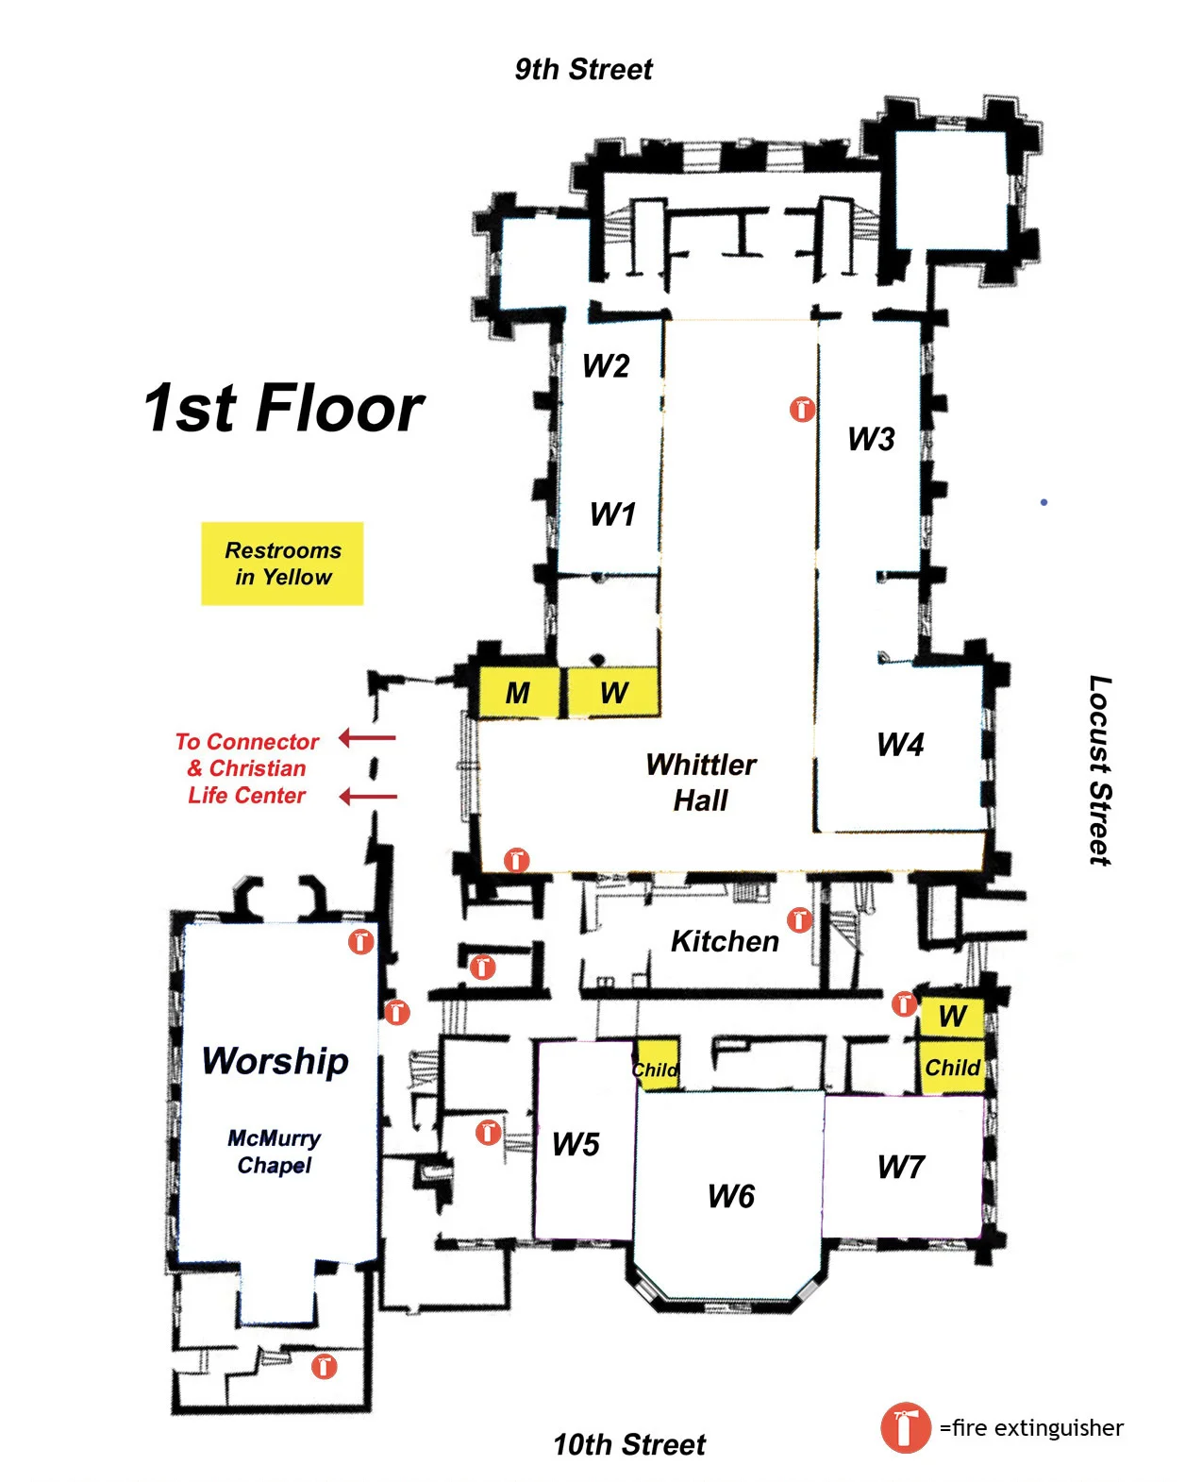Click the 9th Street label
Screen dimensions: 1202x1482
582,69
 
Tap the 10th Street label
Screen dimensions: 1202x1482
628,1444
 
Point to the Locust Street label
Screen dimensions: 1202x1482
1099,770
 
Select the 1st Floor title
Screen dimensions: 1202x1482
283,408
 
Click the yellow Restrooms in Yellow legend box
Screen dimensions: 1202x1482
282,564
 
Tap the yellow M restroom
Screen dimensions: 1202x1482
519,692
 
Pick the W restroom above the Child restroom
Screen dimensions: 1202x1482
951,1017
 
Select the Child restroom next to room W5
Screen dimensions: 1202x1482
657,1064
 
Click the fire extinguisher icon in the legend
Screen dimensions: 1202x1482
905,1428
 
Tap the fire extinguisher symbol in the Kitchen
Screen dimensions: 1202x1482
799,919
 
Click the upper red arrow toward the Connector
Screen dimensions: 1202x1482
367,737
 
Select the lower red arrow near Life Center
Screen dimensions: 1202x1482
368,796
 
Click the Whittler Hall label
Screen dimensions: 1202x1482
700,782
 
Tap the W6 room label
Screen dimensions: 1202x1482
730,1196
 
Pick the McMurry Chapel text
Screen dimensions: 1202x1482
274,1152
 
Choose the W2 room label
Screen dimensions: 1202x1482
606,365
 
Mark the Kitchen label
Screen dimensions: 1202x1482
725,941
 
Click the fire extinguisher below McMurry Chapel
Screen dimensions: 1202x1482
324,1366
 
